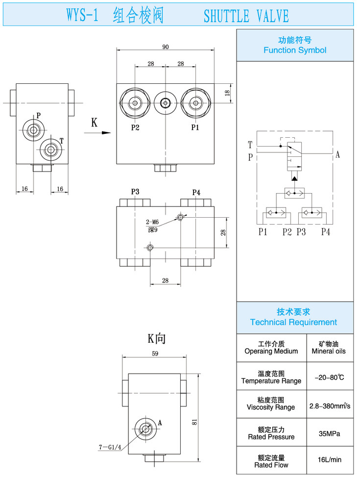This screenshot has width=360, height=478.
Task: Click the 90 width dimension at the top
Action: click(166, 47)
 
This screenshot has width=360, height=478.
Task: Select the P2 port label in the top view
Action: click(136, 128)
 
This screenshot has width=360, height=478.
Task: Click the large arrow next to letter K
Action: click(101, 132)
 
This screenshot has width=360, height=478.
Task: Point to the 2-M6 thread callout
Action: click(152, 222)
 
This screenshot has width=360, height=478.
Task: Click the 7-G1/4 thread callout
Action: click(110, 447)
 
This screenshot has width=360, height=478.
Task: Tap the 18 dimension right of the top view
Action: click(227, 93)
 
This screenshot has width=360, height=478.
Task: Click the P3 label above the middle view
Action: click(135, 192)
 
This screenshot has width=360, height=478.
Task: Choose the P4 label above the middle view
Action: click(196, 192)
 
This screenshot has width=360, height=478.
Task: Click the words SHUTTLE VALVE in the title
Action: click(246, 17)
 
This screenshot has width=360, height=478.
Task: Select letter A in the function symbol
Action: click(338, 155)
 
